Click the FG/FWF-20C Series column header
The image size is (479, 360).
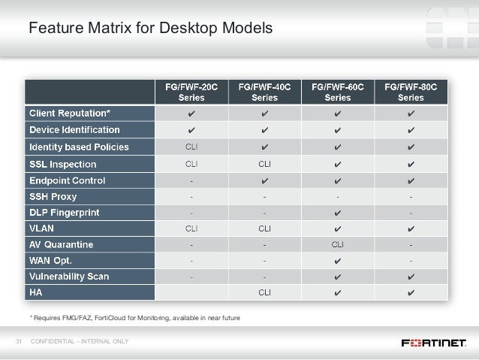click(191, 92)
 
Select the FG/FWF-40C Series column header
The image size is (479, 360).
click(264, 92)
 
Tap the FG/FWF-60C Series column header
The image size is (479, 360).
click(338, 92)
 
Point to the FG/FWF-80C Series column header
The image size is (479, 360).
click(411, 92)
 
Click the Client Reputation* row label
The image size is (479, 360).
click(70, 113)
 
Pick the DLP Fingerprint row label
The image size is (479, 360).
click(65, 213)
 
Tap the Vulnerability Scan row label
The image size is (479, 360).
click(68, 276)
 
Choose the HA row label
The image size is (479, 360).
click(35, 292)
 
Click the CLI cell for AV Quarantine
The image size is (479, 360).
click(338, 244)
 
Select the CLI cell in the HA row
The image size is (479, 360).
click(264, 292)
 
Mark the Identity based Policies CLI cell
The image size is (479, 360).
click(191, 147)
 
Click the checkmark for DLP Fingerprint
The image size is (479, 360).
click(338, 213)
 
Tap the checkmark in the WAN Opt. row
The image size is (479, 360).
click(338, 260)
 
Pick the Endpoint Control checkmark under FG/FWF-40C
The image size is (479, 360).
click(264, 180)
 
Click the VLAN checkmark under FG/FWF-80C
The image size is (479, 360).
click(411, 227)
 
